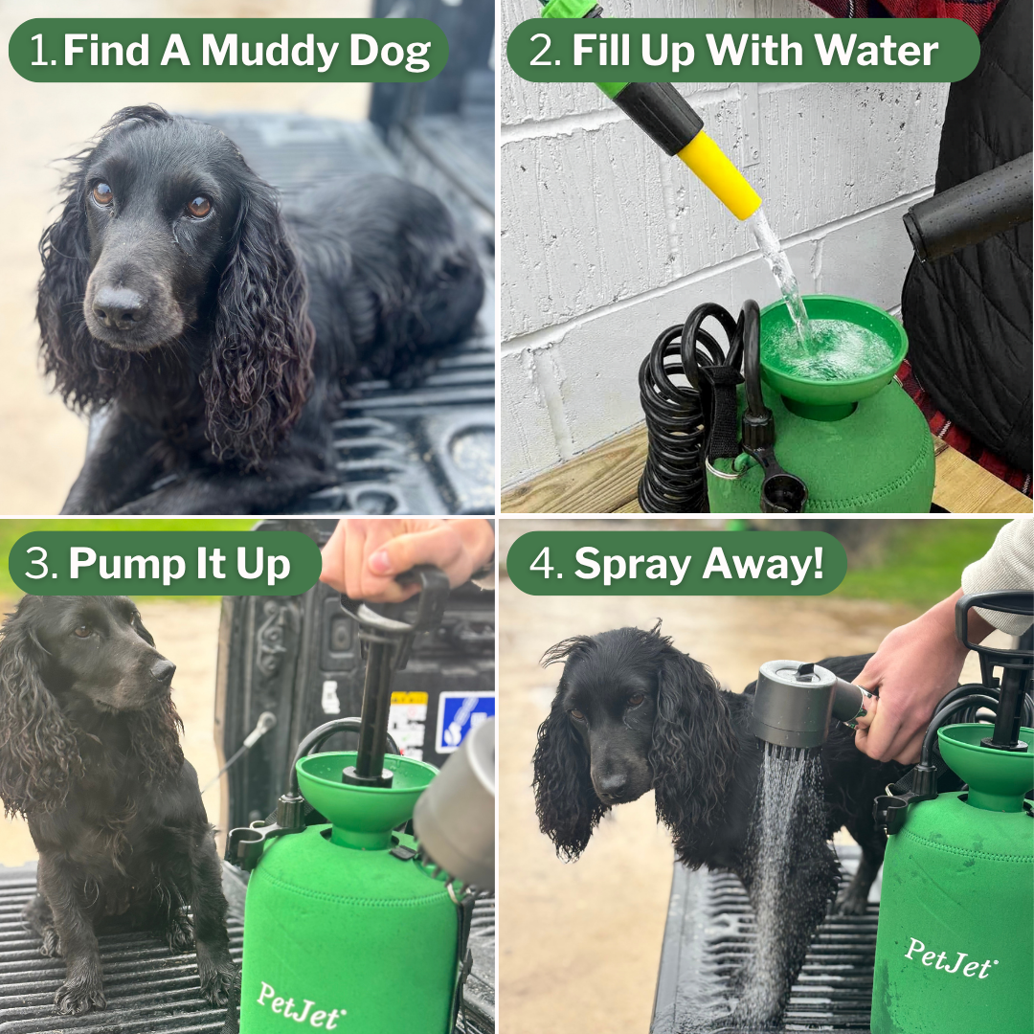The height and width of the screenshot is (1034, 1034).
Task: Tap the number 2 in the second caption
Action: pos(543,51)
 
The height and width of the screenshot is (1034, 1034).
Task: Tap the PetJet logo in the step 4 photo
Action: pos(948,957)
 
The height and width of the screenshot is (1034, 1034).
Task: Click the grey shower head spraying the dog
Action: pos(795,704)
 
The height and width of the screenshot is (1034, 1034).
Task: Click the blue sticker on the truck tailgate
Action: pos(463,720)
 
